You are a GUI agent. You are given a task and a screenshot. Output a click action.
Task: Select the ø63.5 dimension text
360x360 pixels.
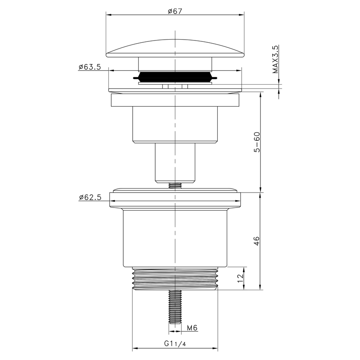[90, 67]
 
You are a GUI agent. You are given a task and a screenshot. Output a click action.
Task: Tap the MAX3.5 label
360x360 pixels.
[275, 59]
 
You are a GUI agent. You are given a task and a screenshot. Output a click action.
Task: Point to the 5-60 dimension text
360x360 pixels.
[257, 142]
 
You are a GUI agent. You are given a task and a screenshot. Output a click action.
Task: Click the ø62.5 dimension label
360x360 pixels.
[90, 197]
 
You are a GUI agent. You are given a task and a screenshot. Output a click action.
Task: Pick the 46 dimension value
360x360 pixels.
[256, 241]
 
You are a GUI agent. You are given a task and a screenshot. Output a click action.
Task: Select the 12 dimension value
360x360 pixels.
[240, 278]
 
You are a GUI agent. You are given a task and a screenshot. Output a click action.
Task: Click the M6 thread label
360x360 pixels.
[192, 328]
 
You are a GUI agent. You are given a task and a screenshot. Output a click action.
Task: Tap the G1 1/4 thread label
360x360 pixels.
[175, 343]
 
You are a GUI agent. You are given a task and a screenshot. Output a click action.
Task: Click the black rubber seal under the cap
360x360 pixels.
[175, 76]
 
